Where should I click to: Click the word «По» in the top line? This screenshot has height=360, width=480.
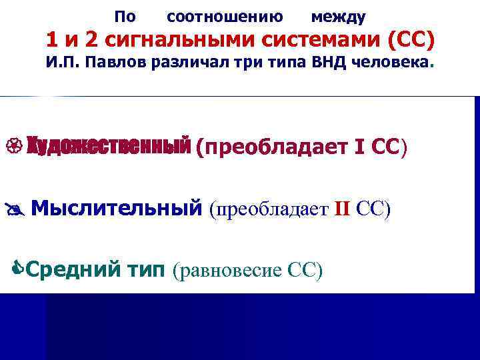pos(124,15)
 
